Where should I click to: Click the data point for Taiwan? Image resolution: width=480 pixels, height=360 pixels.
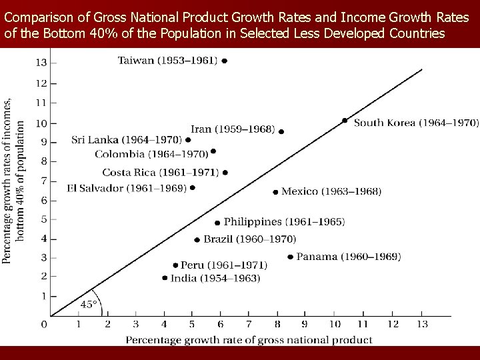[225, 61]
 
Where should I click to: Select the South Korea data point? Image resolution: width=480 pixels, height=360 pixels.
[345, 121]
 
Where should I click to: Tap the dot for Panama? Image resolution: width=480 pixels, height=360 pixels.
[290, 257]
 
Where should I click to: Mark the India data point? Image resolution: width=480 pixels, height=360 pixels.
[165, 278]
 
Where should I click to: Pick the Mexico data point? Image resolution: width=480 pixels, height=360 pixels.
[275, 192]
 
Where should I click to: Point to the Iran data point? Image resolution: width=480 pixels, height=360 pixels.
[281, 132]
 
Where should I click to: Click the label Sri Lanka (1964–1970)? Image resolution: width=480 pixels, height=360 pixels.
[127, 140]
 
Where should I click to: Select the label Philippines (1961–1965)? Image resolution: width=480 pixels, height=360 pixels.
[284, 222]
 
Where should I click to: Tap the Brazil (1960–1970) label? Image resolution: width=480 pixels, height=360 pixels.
[249, 239]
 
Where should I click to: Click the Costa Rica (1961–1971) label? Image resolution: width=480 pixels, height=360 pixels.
[160, 173]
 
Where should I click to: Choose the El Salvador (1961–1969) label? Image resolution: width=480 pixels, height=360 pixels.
[127, 188]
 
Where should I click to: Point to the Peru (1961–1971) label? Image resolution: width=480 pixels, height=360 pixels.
[223, 265]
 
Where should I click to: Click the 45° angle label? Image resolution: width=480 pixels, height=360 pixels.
[89, 304]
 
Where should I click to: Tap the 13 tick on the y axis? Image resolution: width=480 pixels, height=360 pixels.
[41, 63]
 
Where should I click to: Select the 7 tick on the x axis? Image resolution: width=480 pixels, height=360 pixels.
[248, 325]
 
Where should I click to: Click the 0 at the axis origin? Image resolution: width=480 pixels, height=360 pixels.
[44, 325]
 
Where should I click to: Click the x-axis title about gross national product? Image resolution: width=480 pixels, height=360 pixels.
[249, 340]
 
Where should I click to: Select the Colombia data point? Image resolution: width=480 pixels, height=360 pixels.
[213, 151]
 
